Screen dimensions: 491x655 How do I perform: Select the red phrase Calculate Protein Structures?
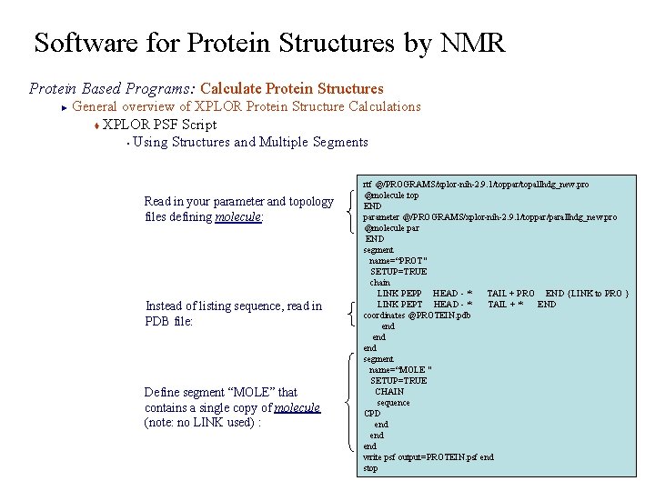coord(292,88)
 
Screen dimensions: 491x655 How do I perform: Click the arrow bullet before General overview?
coord(64,107)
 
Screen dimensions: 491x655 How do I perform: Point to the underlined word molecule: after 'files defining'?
coord(239,217)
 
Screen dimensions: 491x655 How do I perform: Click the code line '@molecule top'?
coord(391,195)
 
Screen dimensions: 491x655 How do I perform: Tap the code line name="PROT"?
coord(398,261)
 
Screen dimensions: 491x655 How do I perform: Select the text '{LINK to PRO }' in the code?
coord(598,294)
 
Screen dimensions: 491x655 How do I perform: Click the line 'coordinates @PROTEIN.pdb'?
coord(417,316)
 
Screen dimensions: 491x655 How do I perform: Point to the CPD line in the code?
coord(372,414)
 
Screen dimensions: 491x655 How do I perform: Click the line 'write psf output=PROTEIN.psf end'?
coord(428,457)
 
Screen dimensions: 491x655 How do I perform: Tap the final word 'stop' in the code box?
coord(370,468)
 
